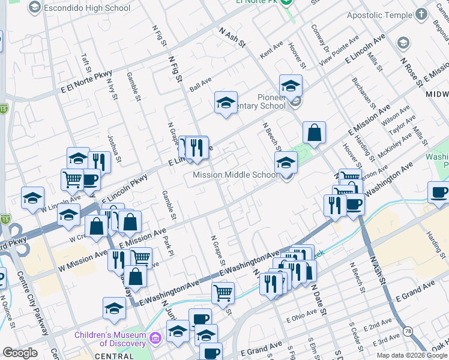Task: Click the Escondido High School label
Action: tap(86, 8)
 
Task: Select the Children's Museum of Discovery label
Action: tap(110, 339)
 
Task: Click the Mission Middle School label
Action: tap(235, 175)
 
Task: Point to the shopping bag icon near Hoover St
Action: tap(315, 134)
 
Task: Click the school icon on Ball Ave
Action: tap(226, 103)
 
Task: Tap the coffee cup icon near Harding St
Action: tap(439, 192)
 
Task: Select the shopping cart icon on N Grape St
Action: tap(223, 293)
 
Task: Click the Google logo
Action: tap(20, 353)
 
